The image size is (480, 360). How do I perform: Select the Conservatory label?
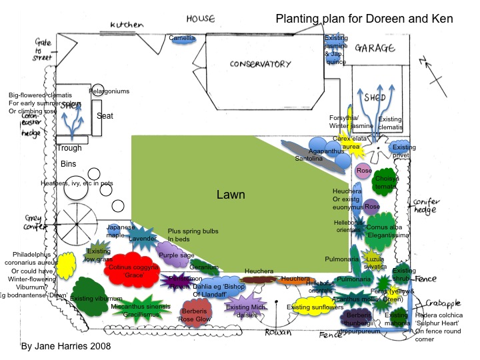pos(260,64)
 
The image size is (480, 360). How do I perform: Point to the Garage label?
pos(375,48)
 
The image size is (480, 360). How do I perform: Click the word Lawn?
pos(231,195)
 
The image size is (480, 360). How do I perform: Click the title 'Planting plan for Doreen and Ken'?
pos(364,19)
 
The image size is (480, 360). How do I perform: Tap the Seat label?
pos(105,116)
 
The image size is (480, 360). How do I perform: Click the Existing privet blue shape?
pos(403,151)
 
